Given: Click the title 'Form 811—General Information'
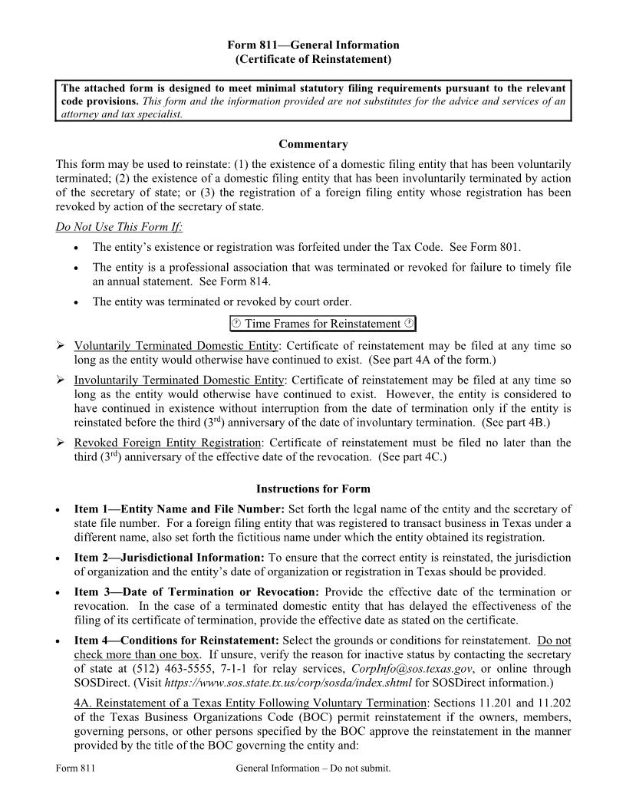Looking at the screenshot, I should [313, 45].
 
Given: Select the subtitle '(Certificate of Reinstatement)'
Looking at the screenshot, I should [313, 59].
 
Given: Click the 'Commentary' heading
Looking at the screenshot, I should [313, 144].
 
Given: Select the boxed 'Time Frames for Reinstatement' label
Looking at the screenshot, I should [322, 324].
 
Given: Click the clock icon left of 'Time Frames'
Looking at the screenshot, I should [236, 324].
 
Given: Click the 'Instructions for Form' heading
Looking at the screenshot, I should [313, 489].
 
